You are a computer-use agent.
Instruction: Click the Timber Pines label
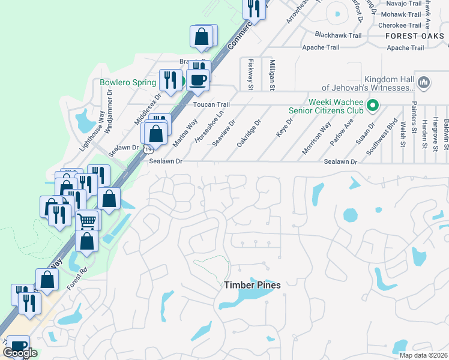pos(252,286)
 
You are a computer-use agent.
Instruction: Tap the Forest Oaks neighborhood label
pos(415,36)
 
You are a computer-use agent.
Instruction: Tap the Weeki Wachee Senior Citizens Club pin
pos(373,106)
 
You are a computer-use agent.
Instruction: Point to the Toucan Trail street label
pos(211,104)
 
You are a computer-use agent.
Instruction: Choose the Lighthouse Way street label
pos(93,130)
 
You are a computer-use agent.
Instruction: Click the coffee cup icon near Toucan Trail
pos(197,79)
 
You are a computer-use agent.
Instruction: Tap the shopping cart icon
pos(88,220)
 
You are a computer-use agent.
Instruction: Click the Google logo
pos(20,353)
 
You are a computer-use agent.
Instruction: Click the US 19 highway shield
pos(146,153)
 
